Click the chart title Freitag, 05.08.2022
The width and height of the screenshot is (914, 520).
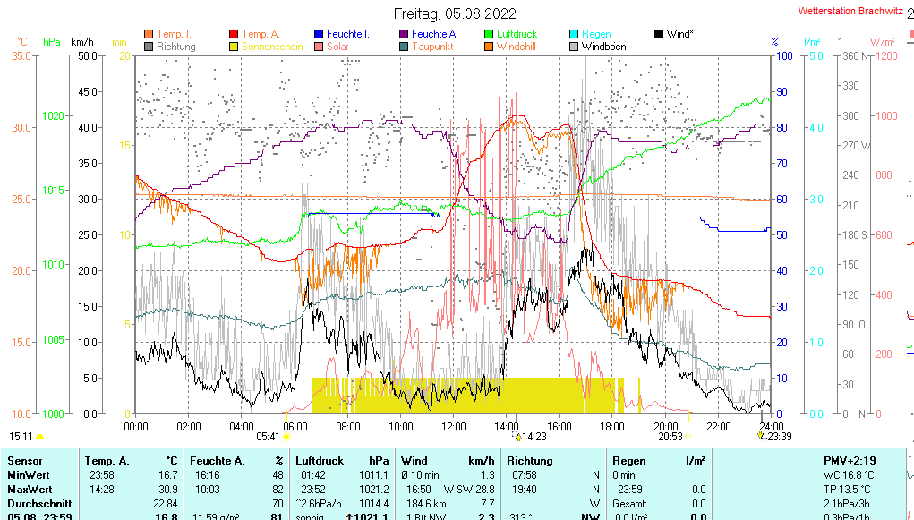coord(456,13)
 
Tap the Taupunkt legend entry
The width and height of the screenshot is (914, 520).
coord(432,47)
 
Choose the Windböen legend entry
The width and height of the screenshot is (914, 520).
coord(603,47)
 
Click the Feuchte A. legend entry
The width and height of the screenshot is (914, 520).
coord(434,34)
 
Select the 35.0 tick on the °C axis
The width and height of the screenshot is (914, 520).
coord(21,56)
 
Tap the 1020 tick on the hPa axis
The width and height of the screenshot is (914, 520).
coord(53,116)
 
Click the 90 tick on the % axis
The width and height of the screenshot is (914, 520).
coord(782,91)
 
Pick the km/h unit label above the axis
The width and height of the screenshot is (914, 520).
coord(81,42)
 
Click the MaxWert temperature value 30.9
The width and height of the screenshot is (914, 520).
coord(167,490)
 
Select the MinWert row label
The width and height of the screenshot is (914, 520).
coord(29,475)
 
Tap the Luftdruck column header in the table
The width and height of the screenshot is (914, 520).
coord(318,461)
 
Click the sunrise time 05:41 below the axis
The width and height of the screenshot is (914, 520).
coord(269,437)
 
